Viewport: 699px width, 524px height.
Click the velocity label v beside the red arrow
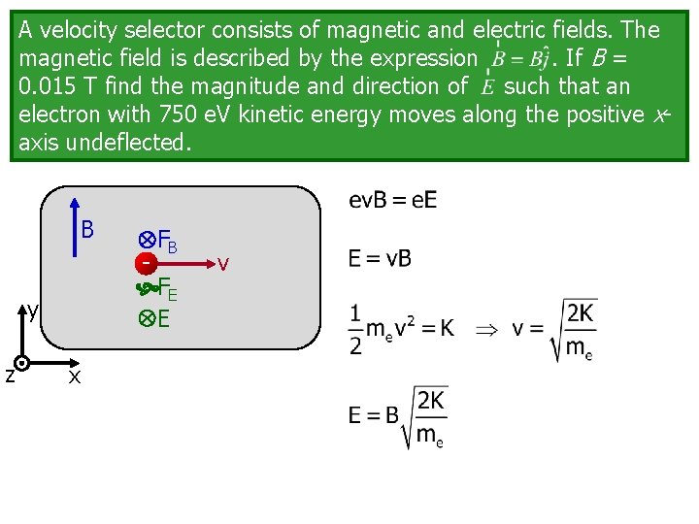point(224,263)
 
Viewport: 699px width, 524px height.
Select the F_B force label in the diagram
point(166,240)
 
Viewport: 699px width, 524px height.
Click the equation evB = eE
point(392,201)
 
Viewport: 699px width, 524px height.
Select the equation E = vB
point(380,259)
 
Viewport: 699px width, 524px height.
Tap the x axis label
point(75,377)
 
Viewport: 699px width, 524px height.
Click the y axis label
point(33,311)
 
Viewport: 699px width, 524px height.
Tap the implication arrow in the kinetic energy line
point(484,328)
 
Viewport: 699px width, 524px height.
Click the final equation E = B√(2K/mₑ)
point(398,417)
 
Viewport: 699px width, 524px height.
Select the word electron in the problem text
point(58,115)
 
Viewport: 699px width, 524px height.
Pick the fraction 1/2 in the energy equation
point(355,330)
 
